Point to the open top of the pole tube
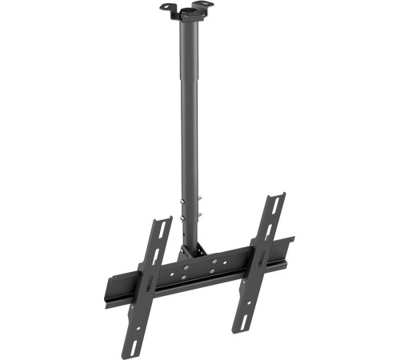point(191,14)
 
